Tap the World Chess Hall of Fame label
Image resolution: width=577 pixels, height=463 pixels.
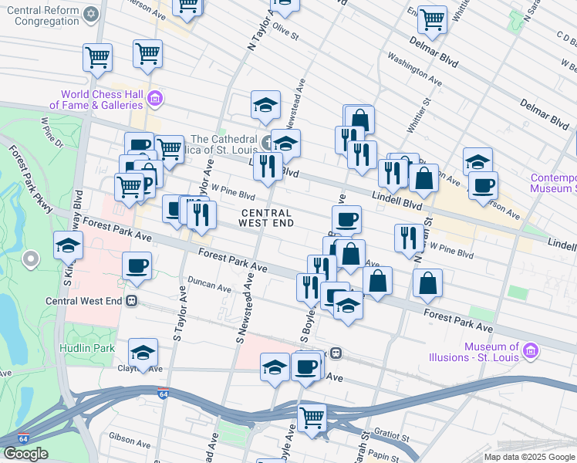pyautogui.click(x=96, y=99)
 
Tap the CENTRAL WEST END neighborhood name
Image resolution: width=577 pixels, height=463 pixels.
pyautogui.click(x=267, y=218)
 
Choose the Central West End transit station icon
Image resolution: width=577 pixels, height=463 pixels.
pyautogui.click(x=132, y=300)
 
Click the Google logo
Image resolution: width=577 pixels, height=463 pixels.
pyautogui.click(x=25, y=454)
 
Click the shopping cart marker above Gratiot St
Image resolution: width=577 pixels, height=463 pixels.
pyautogui.click(x=312, y=417)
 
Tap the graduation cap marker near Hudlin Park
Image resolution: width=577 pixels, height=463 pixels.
pyautogui.click(x=143, y=353)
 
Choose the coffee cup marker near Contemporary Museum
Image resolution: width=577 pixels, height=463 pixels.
pyautogui.click(x=483, y=185)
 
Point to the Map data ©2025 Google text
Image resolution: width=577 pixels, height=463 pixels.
pyautogui.click(x=529, y=457)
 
